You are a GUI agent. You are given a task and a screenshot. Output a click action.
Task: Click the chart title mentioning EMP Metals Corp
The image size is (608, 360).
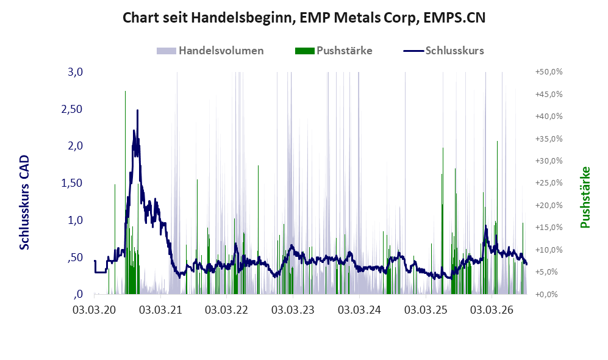[304, 18]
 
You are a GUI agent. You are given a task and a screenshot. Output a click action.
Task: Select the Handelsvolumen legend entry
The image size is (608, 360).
[210, 51]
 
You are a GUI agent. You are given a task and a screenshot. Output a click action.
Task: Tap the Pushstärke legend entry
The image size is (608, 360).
[334, 51]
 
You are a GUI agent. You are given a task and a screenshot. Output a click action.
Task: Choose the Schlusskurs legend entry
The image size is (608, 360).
[443, 51]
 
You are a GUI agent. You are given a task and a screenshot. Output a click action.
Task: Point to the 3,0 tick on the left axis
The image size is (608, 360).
[75, 72]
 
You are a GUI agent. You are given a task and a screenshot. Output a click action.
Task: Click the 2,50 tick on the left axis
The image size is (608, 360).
[72, 109]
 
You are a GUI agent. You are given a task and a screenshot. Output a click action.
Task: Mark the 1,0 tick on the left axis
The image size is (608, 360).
[75, 220]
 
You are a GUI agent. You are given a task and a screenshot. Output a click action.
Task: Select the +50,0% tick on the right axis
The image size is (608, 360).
[549, 72]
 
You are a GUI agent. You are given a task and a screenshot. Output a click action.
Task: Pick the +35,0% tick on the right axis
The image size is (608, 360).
[549, 139]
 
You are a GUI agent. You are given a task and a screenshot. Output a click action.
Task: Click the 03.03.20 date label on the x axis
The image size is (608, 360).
[95, 310]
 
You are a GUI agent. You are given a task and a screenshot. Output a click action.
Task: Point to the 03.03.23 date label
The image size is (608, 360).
[293, 310]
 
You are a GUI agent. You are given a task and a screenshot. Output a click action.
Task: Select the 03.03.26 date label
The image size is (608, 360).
[492, 310]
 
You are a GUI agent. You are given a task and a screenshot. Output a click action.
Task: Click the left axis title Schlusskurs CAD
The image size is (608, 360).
[24, 203]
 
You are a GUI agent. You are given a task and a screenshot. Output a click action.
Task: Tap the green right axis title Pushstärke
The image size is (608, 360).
[585, 197]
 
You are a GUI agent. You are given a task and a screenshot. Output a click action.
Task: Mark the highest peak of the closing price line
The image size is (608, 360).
[137, 110]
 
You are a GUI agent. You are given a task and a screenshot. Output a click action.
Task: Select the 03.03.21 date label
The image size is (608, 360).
[160, 310]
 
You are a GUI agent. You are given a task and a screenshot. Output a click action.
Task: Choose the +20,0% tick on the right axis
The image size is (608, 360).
[549, 205]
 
